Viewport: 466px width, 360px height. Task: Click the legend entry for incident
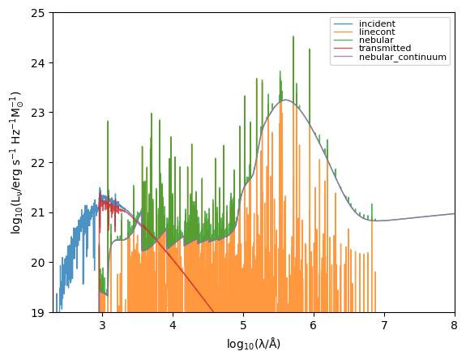coord(376,24)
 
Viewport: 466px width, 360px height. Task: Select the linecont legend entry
coord(375,32)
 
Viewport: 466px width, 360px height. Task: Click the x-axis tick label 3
coord(102,325)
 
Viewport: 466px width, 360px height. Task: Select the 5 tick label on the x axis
coord(243,325)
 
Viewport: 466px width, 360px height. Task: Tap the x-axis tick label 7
coord(384,325)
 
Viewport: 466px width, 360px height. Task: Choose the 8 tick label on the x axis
coord(454,325)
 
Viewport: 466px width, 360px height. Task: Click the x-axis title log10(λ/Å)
coord(254,344)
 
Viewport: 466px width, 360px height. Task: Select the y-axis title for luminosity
coord(15,162)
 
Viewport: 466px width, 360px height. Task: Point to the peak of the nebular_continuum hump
coord(285,101)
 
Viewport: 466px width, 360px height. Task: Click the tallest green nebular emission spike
coord(293,37)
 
